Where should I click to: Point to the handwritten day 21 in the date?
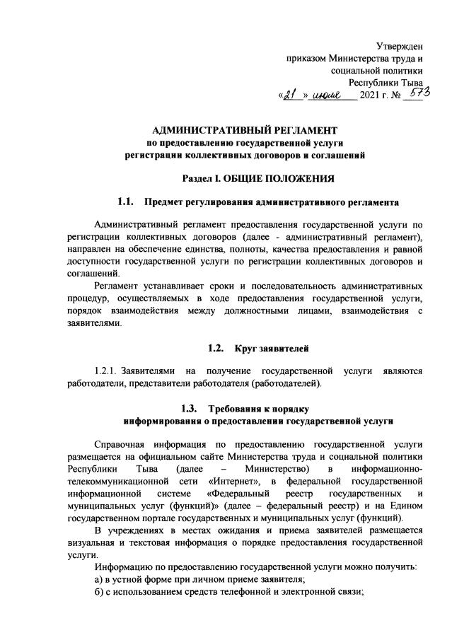click(291, 97)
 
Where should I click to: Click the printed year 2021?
click(372, 97)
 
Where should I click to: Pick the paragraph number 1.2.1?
click(107, 371)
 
